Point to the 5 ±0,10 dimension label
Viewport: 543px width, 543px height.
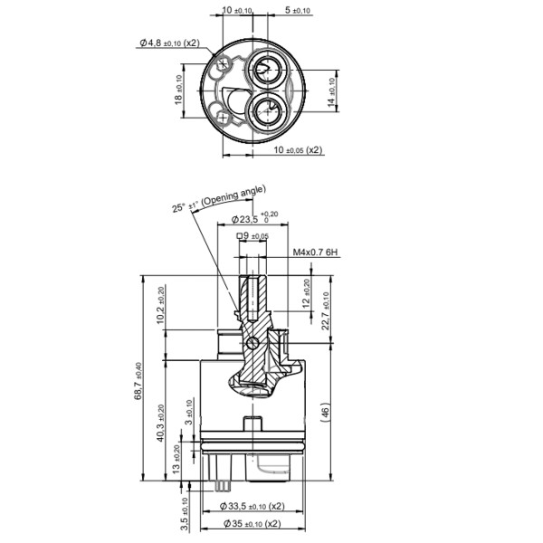pyautogui.click(x=298, y=11)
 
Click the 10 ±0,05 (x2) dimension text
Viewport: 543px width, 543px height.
pyautogui.click(x=298, y=149)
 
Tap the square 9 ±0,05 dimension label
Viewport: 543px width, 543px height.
pyautogui.click(x=252, y=236)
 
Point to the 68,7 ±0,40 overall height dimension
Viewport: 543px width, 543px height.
pyautogui.click(x=138, y=379)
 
